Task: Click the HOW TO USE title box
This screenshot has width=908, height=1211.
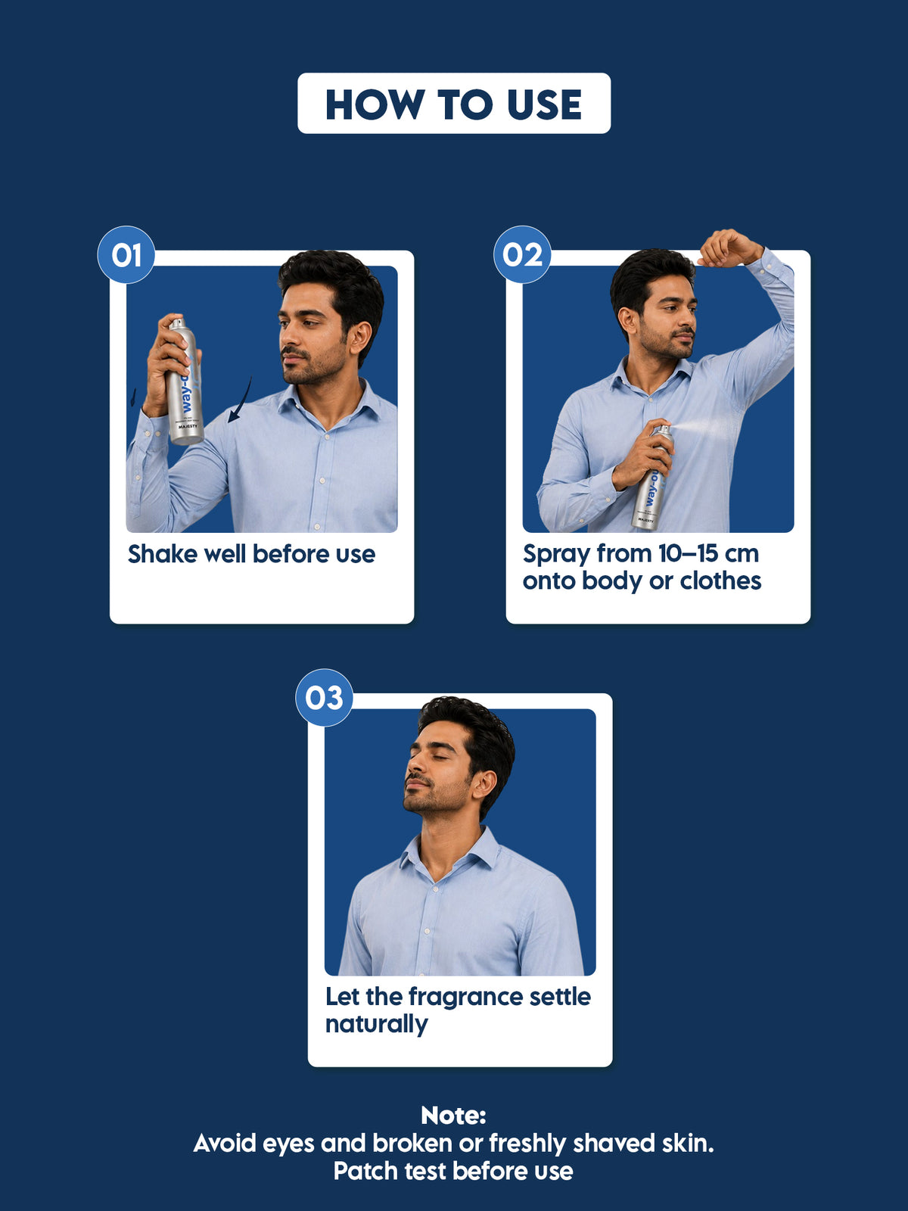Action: tap(454, 103)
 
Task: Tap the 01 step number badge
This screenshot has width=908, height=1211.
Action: tap(126, 255)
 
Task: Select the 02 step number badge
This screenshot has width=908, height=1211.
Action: tap(522, 255)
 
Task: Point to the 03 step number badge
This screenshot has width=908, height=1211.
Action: tap(324, 697)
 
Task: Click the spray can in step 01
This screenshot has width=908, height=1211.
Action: tap(185, 381)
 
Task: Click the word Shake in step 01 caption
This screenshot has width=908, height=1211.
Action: tap(163, 554)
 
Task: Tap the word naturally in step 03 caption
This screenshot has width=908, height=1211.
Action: tap(377, 1025)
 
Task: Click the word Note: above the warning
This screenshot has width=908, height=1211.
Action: tap(453, 1116)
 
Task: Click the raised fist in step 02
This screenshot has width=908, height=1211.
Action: tap(729, 248)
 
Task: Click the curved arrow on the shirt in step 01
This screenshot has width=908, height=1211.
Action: tap(240, 400)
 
